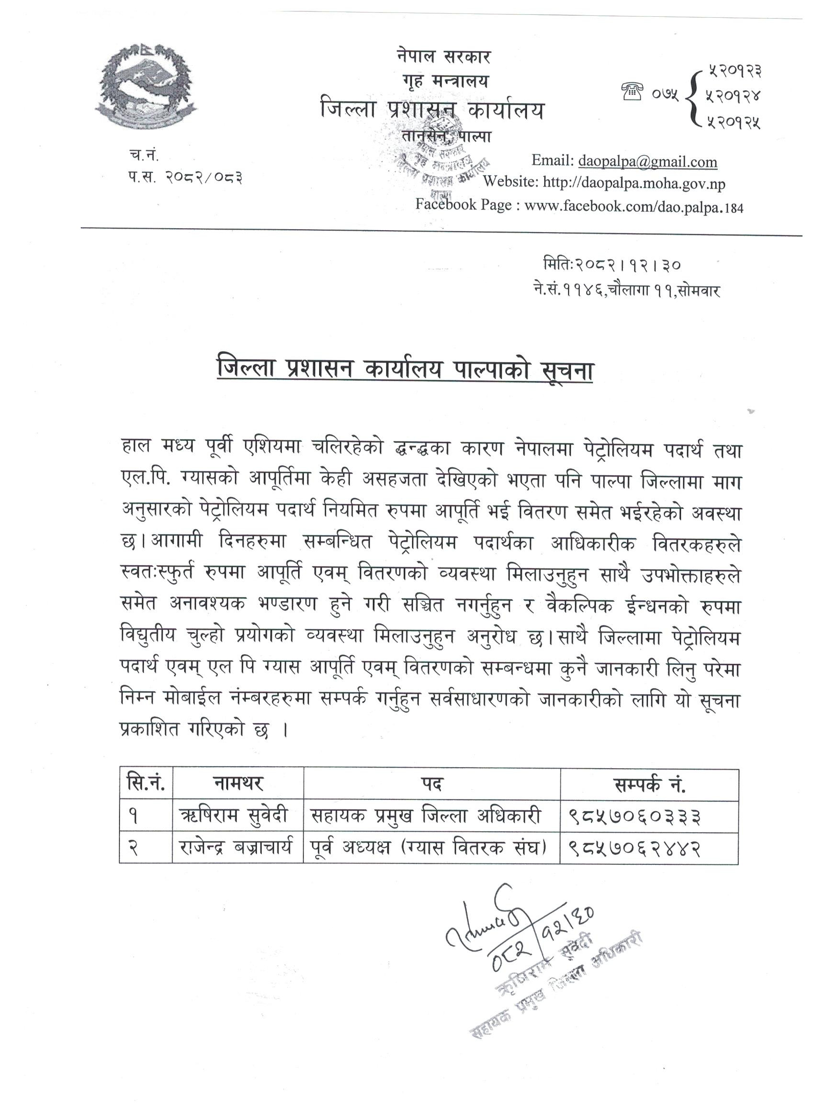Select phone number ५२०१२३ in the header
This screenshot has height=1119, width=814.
(x=734, y=72)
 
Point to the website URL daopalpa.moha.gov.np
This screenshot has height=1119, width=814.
(x=634, y=183)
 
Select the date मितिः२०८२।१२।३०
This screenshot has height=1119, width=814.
(x=611, y=265)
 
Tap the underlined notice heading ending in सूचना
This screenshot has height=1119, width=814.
(x=405, y=370)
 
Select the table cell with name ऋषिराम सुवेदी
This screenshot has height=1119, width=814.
(x=238, y=817)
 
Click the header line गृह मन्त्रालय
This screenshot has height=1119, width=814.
(x=444, y=80)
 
